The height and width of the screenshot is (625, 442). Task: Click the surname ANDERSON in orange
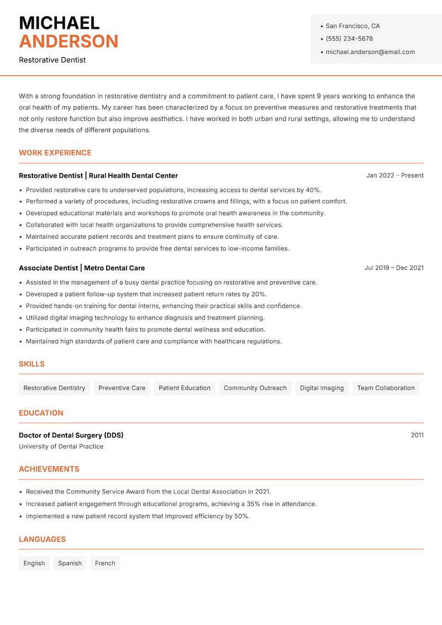point(69,41)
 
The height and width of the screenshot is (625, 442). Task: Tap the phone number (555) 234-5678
point(349,39)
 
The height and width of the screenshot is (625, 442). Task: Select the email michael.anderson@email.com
point(370,52)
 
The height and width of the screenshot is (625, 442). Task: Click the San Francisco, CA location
point(352,26)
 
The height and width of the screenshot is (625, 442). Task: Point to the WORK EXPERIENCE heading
point(55,153)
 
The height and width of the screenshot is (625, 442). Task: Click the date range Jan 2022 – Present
point(394,175)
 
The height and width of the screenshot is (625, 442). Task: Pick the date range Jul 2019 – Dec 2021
point(394,268)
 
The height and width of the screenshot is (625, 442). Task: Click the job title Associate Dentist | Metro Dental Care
point(82,268)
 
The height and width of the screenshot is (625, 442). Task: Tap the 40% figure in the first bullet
point(313,190)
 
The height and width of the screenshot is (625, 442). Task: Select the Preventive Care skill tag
point(122,388)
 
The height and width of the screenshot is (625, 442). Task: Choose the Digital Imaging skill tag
point(322,388)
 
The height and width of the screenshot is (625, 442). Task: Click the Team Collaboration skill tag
point(386,388)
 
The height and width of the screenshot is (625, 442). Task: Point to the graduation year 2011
point(417,435)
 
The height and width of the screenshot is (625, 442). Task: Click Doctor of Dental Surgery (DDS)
point(71,435)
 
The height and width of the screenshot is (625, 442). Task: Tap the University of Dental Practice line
point(61,446)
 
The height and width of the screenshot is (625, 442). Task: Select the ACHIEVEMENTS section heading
point(49,469)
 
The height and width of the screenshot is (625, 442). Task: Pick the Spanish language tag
point(70,563)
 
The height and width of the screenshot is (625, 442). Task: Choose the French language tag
point(105,563)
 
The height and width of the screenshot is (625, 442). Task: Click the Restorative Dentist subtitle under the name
point(52,60)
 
